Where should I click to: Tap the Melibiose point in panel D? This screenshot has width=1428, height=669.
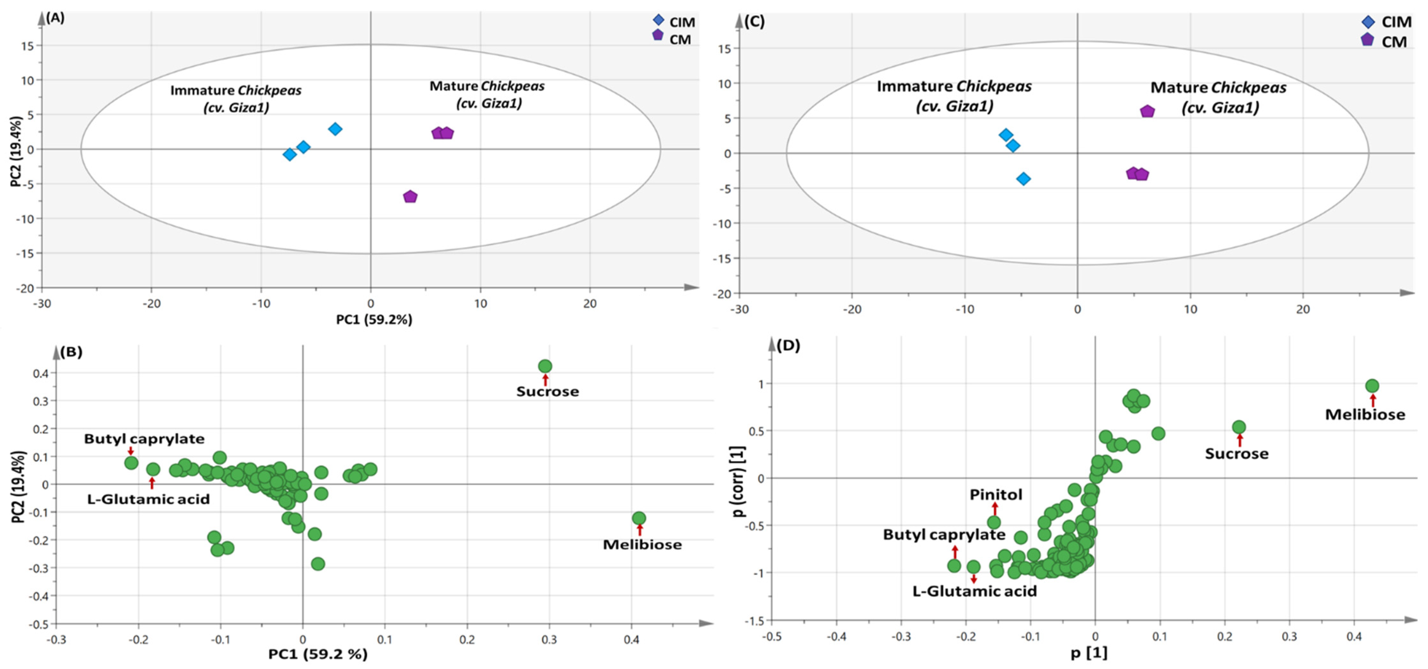click(1372, 386)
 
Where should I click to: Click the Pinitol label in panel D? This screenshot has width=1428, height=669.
click(996, 495)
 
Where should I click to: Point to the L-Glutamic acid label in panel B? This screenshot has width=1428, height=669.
click(148, 499)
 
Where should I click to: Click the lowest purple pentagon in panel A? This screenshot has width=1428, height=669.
click(410, 197)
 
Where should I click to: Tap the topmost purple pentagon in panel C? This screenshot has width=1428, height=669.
click(1147, 111)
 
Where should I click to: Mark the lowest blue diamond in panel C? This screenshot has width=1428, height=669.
click(1023, 179)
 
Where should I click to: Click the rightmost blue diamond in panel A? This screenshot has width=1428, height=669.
click(335, 129)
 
